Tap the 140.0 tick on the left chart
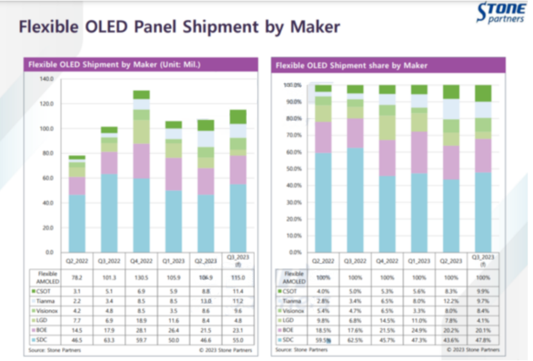click(47, 79)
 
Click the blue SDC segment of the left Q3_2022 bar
click(109, 213)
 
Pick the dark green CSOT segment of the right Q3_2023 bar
click(484, 93)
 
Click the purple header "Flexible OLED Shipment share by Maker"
click(351, 65)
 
